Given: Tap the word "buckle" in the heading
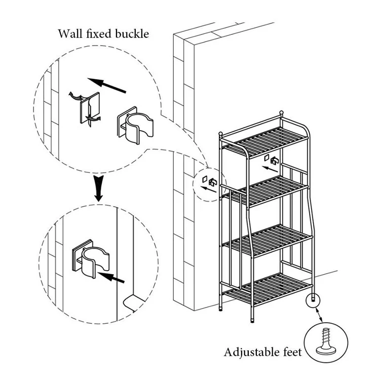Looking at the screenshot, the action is coord(132,33).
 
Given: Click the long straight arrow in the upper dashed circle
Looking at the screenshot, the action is coord(106,85).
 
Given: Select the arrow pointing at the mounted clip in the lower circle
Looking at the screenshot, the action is coord(111,277).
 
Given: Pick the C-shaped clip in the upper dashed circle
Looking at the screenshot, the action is coord(135,125).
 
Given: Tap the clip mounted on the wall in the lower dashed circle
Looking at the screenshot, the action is coord(91,259).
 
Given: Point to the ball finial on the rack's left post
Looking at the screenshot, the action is coord(220,134).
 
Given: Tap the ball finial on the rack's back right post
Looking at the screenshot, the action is coord(281,112).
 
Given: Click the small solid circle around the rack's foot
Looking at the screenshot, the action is coord(313,300).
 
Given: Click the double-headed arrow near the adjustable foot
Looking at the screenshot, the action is coord(318,315).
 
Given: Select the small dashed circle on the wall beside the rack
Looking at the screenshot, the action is coord(210,184).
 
